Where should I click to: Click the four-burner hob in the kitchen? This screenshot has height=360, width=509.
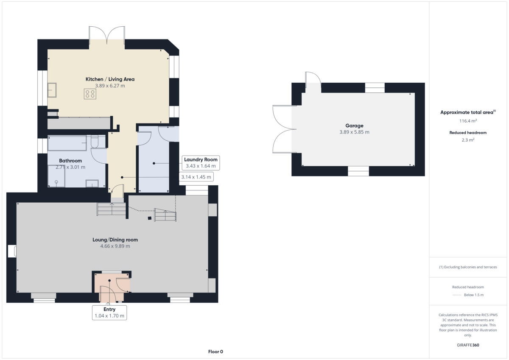(90, 94)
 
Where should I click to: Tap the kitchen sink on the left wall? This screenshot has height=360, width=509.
(53, 90)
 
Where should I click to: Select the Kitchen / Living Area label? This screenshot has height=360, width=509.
(110, 79)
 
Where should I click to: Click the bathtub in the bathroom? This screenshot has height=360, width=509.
(67, 143)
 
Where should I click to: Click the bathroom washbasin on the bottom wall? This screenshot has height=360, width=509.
(92, 183)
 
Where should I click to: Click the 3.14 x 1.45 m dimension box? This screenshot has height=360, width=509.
(196, 177)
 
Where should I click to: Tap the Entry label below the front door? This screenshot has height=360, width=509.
(109, 310)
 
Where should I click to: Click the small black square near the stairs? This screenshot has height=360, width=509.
(149, 218)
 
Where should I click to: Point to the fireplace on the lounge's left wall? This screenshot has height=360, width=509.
(12, 251)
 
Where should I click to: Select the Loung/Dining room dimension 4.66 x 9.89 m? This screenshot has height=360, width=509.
(115, 246)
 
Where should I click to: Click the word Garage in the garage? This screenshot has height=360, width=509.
(354, 126)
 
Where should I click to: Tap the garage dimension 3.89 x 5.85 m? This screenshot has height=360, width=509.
(354, 132)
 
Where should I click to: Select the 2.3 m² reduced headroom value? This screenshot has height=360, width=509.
(468, 140)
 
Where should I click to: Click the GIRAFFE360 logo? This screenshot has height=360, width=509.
(468, 345)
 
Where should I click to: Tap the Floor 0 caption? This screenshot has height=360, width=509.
(215, 352)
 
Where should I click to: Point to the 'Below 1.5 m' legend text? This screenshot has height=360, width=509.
(474, 295)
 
